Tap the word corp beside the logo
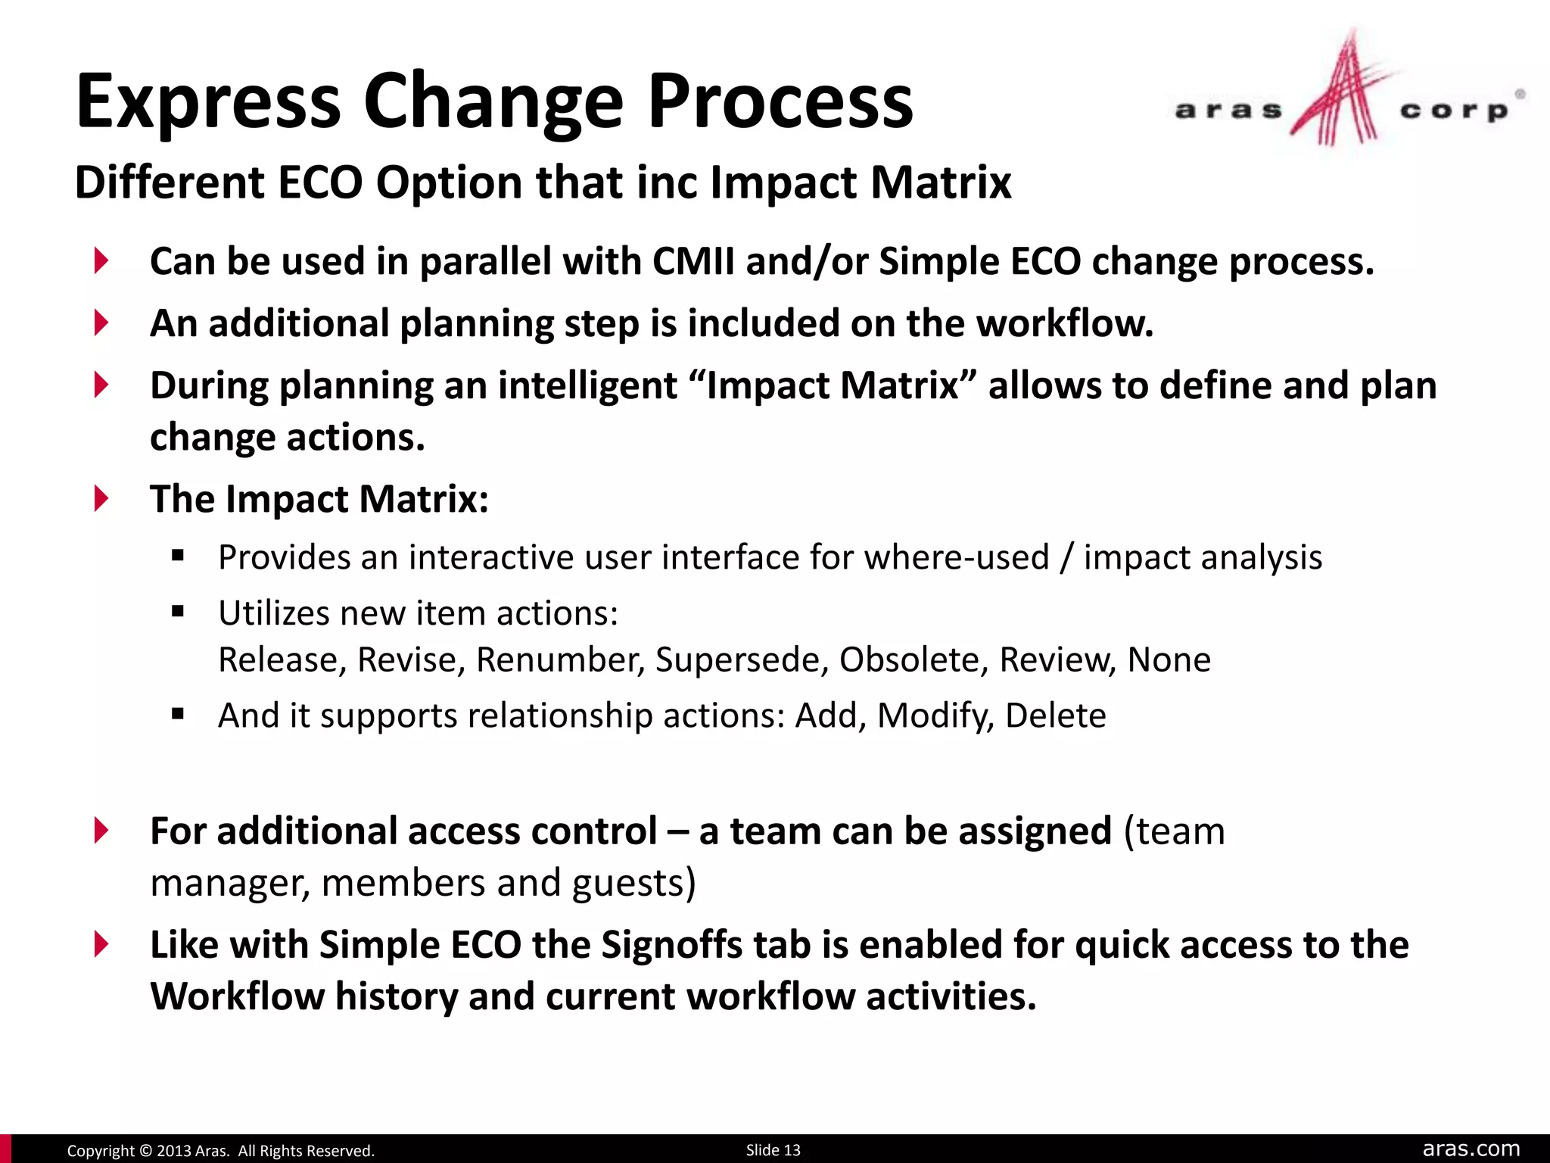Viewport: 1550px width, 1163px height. pyautogui.click(x=1453, y=111)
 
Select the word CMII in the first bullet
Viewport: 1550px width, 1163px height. pyautogui.click(x=693, y=261)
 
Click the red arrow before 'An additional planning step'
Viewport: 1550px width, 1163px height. pyautogui.click(x=101, y=323)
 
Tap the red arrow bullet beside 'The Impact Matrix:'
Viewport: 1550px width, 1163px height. pyautogui.click(x=101, y=499)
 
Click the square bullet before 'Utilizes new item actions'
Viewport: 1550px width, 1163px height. pyautogui.click(x=178, y=612)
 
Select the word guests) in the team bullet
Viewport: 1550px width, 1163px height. pyautogui.click(x=633, y=883)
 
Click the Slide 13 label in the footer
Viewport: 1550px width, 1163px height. pyautogui.click(x=773, y=1150)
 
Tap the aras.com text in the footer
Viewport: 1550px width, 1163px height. pyautogui.click(x=1471, y=1149)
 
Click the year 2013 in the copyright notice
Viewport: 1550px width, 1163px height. pyautogui.click(x=173, y=1151)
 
